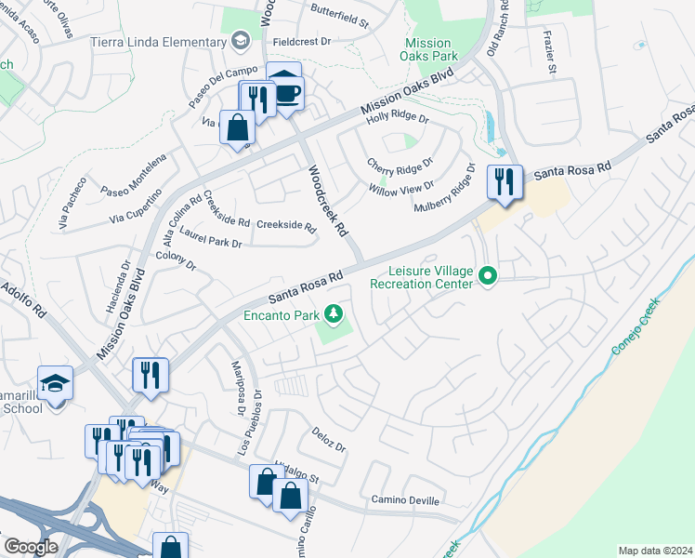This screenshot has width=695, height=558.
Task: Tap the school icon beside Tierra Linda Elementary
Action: click(242, 40)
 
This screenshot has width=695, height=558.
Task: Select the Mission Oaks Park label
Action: click(428, 50)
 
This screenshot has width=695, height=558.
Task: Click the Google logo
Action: click(31, 547)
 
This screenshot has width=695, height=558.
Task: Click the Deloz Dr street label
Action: click(328, 439)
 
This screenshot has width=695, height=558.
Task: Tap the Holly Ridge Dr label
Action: click(398, 117)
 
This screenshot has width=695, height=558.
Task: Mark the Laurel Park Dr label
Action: click(211, 242)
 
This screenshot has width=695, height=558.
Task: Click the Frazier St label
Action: click(550, 55)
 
